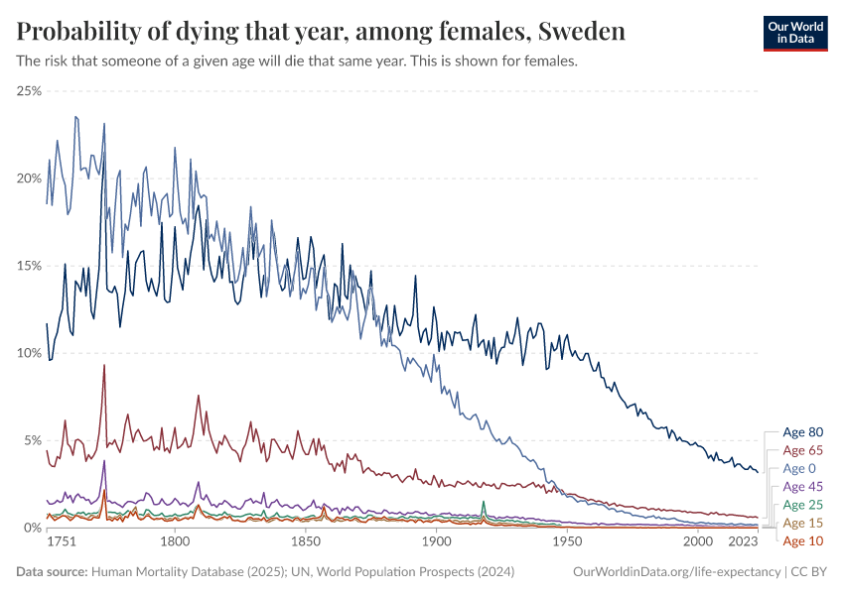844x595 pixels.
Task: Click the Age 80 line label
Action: point(802,432)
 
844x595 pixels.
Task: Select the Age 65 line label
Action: point(802,450)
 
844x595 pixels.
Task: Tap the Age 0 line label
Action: point(799,468)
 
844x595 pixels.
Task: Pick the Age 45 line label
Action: point(802,487)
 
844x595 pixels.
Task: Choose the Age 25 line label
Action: point(802,505)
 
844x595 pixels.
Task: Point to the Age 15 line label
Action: point(802,523)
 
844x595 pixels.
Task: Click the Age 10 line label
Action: point(802,540)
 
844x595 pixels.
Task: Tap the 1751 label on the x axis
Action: point(62,543)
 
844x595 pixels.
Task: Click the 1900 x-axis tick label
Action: point(436,543)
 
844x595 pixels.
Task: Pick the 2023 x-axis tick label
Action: point(743,543)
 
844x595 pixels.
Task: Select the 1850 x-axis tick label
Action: point(306,543)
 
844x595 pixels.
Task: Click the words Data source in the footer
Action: point(52,572)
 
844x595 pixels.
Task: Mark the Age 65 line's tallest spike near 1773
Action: point(103,365)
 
